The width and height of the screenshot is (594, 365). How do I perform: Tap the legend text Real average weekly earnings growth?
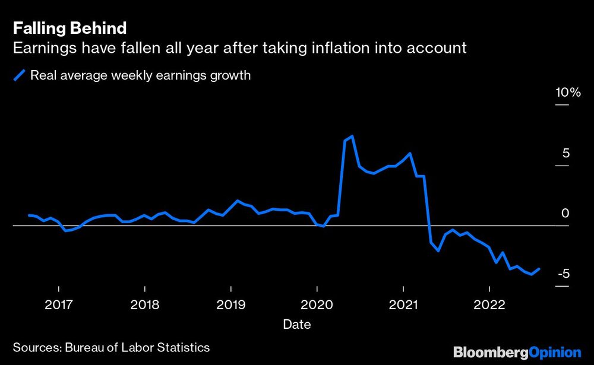[140, 75]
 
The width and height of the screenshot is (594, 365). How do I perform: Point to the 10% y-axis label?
[567, 93]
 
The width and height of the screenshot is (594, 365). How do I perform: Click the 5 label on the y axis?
[565, 154]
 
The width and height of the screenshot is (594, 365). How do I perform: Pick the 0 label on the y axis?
[565, 214]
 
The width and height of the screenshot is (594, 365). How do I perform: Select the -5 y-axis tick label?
[564, 274]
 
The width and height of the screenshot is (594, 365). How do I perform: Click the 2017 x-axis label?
[59, 304]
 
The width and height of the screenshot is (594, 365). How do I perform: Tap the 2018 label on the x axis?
[145, 304]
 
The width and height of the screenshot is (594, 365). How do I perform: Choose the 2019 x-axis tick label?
[231, 304]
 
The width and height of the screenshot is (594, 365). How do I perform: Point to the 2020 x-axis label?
[317, 304]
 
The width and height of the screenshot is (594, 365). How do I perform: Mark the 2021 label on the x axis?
[403, 304]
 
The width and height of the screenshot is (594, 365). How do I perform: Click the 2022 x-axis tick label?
[489, 304]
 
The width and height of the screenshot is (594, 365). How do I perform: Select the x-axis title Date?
[296, 325]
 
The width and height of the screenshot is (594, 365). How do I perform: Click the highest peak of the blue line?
[352, 137]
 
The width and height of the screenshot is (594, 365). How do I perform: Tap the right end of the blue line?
[539, 268]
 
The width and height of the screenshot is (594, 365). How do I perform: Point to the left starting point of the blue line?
[29, 215]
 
